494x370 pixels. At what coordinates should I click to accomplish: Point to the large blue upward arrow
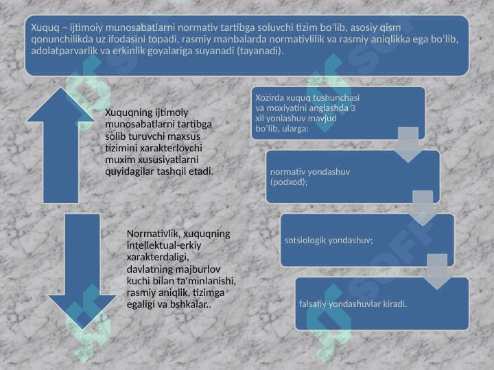point(60,145)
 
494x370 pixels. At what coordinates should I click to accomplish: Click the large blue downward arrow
point(82,271)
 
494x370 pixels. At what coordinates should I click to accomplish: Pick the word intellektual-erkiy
point(164,245)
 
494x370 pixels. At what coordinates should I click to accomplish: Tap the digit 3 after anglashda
point(353,108)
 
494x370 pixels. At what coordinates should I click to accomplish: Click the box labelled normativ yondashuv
point(353,177)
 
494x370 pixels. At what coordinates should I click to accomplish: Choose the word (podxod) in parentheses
point(289,182)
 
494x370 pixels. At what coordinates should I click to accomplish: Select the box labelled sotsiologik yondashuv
point(367,240)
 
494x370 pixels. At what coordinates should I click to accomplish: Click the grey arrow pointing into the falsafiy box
point(436,271)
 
